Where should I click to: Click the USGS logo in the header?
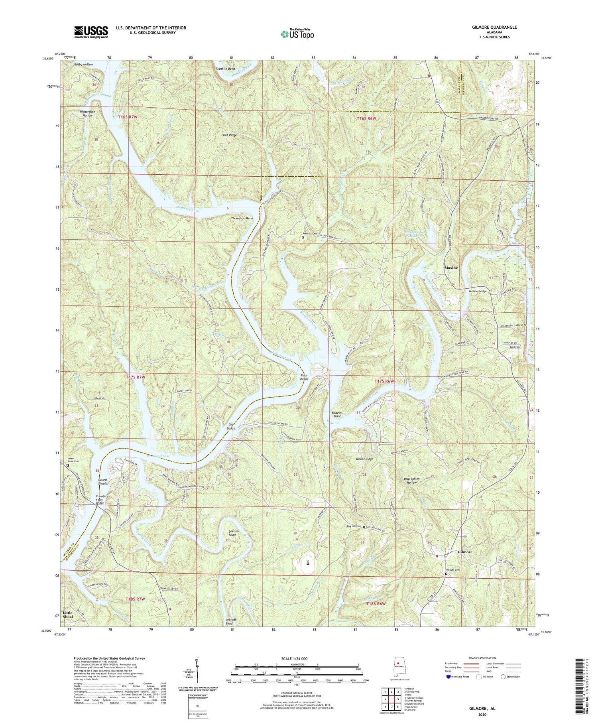click(x=91, y=32)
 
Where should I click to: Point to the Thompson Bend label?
click(x=242, y=219)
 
